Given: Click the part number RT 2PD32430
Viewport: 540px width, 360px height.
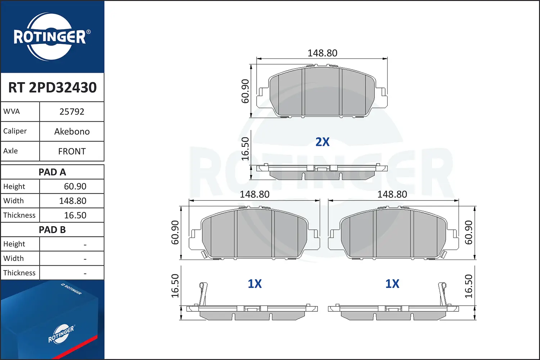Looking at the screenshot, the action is [52, 87].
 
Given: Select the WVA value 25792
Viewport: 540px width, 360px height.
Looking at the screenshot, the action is [72, 112].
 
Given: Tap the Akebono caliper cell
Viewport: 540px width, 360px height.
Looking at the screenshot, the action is [72, 131].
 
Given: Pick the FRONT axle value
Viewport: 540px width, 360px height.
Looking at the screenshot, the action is [72, 152].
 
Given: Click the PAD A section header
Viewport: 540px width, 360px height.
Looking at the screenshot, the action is [52, 172].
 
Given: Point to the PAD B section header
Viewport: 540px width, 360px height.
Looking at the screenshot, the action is [52, 230].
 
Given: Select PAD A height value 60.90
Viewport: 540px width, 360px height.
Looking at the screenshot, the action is [75, 186].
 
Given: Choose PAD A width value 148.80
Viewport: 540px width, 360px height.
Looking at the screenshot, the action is [73, 201].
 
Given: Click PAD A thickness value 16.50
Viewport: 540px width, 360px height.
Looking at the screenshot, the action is [75, 215].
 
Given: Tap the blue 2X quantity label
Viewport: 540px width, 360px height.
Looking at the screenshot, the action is [322, 142].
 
